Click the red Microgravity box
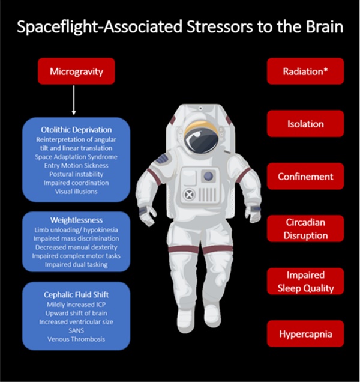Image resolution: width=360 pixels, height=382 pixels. (x=76, y=71)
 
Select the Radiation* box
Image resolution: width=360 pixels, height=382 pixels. (x=305, y=71)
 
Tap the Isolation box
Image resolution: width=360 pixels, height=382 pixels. (x=305, y=124)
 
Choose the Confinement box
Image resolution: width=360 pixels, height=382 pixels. (x=305, y=176)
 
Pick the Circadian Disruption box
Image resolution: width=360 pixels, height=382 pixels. (x=305, y=228)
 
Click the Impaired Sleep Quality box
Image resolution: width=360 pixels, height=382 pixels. (x=305, y=281)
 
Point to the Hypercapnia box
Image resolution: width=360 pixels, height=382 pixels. (x=305, y=333)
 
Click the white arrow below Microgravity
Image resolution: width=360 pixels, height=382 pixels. (x=74, y=100)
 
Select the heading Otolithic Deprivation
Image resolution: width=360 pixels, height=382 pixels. (x=76, y=130)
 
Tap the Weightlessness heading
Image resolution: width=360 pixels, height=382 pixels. (x=76, y=220)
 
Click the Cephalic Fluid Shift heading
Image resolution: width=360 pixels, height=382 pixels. (x=76, y=294)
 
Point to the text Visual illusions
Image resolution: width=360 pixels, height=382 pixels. (x=76, y=192)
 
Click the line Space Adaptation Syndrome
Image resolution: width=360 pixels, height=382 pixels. (x=76, y=157)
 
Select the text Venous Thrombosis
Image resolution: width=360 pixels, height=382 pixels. (x=76, y=339)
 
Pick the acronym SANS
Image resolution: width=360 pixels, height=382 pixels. (x=76, y=330)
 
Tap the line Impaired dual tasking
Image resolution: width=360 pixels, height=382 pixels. (x=76, y=265)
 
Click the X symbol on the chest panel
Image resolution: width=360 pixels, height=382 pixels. (x=189, y=195)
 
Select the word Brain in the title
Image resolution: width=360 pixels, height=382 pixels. (x=325, y=26)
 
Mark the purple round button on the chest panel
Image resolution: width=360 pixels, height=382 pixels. (x=209, y=176)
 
